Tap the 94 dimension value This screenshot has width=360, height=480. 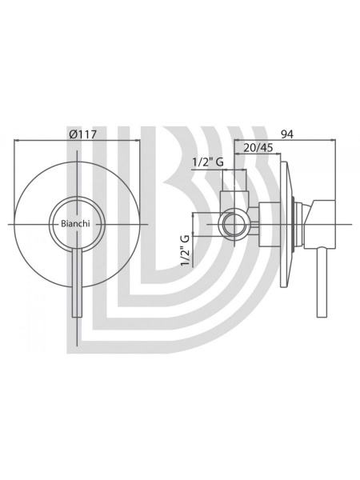pos(286,134)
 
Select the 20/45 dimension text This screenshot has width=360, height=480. pos(258,148)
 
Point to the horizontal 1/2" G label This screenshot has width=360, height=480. pos(207,162)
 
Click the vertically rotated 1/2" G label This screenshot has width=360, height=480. pos(186,250)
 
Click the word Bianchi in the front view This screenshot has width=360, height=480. pos(75,224)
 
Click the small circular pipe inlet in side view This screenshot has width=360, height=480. pos(234,224)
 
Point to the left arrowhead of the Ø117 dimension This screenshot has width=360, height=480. pos(16,141)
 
